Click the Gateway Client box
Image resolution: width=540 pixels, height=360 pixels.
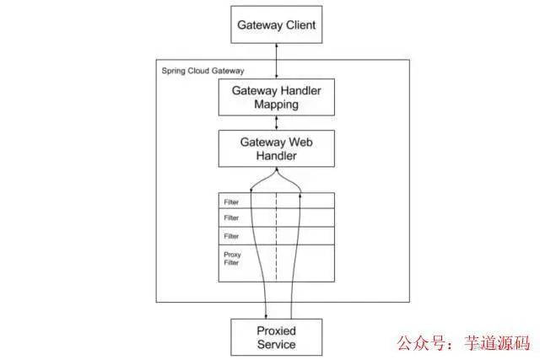(x=276, y=24)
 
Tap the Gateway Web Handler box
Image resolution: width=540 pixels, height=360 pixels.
(x=276, y=148)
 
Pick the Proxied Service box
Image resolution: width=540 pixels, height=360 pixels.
(x=276, y=336)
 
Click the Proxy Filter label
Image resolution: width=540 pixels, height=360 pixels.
(x=232, y=258)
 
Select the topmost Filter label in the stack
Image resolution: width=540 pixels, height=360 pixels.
(x=231, y=202)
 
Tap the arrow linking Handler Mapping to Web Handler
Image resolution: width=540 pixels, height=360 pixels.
(x=276, y=122)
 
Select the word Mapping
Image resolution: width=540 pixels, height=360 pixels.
(x=276, y=105)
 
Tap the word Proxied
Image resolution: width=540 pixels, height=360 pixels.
(x=276, y=329)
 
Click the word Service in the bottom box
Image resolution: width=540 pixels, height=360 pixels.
(x=276, y=344)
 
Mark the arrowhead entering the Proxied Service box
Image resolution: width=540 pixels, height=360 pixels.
(x=267, y=314)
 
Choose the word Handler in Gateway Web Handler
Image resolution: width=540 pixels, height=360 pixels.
(x=276, y=156)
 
